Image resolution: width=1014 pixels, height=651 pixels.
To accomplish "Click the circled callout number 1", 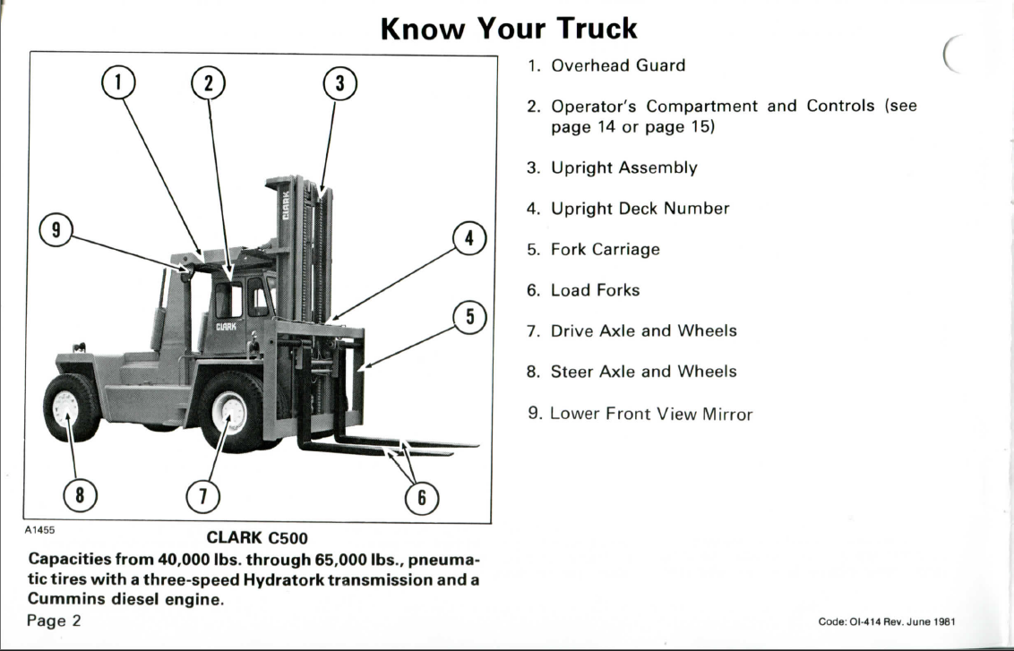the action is point(118,82).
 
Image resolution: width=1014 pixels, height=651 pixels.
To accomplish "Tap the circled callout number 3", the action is point(340,83).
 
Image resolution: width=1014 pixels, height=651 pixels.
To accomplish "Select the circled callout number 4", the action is point(468,238).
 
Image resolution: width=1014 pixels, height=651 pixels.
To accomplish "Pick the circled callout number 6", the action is point(422,499).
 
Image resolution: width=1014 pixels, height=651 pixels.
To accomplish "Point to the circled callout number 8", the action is point(80,495).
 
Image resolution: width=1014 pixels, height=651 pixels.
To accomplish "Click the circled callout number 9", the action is point(56,229).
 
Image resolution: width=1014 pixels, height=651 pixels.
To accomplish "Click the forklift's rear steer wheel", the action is point(71,407).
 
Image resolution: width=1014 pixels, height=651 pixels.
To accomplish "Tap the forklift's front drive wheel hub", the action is point(229,412).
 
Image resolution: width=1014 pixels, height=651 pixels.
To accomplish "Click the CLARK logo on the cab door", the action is point(226,327).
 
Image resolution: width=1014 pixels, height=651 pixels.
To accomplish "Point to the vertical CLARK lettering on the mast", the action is point(286,206).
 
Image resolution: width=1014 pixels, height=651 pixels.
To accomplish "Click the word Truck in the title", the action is point(597,29).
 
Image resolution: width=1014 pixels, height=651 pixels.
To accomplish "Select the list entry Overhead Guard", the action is point(617,65).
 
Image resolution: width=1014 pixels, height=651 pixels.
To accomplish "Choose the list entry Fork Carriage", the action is point(606,250).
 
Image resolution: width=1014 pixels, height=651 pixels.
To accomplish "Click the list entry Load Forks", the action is point(595,290).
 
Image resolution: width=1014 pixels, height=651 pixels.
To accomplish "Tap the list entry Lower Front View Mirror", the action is point(651,414).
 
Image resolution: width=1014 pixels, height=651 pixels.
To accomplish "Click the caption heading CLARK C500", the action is point(257,538).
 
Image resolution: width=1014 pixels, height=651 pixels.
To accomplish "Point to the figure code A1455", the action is point(40,530).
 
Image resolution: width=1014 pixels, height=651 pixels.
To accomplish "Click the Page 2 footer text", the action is point(55,621).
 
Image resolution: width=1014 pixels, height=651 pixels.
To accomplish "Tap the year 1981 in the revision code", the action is point(945,622).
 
